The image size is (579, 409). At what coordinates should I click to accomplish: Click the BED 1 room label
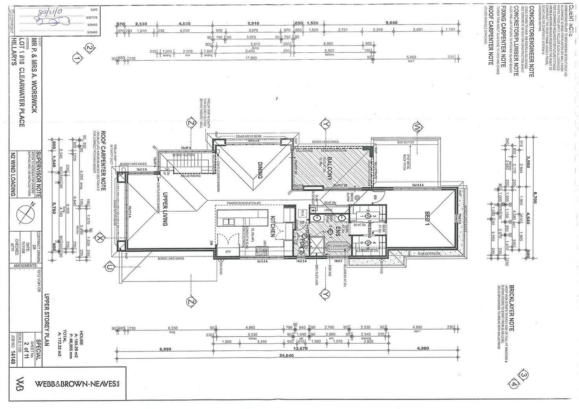[428, 218]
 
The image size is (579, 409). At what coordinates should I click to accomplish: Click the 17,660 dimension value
[251, 58]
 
